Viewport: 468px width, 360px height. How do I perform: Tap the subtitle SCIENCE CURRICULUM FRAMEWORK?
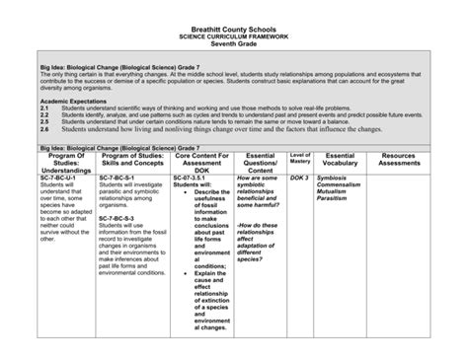click(234, 32)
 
